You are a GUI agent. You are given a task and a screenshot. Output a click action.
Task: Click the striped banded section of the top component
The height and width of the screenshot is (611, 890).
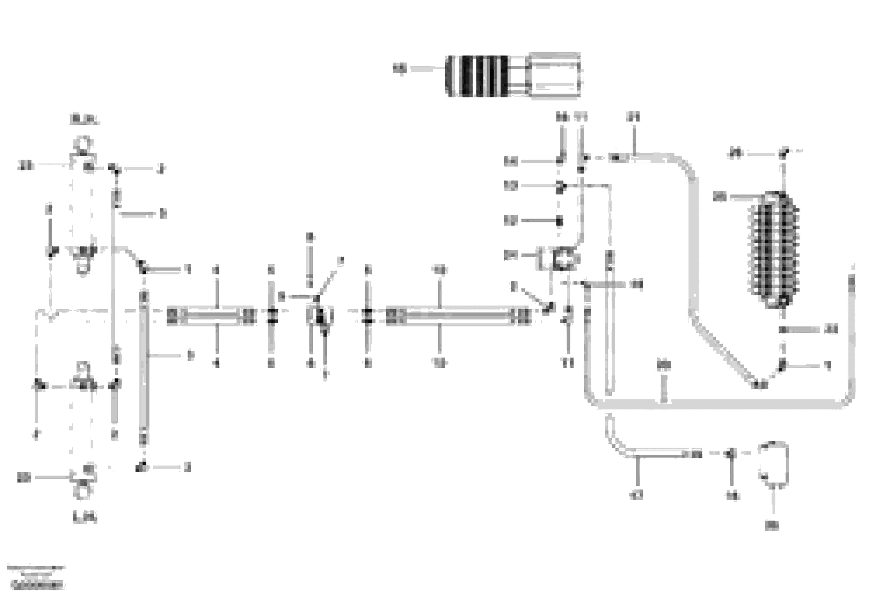click(x=477, y=76)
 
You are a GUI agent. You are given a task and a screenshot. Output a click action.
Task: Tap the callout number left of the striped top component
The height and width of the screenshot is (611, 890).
click(x=399, y=69)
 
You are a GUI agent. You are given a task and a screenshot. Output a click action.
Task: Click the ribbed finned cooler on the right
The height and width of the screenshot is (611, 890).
click(x=774, y=251)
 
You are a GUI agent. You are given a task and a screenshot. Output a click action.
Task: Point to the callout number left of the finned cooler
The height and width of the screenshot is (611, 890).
click(x=720, y=197)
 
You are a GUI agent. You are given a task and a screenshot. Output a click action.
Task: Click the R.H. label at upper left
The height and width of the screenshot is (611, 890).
click(x=85, y=120)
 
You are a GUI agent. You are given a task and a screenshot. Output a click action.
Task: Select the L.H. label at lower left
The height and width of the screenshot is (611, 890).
click(x=85, y=518)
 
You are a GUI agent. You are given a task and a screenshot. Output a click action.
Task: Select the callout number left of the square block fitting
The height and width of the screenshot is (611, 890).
click(x=511, y=255)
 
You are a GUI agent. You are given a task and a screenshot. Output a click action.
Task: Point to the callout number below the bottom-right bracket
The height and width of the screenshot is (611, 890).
click(x=772, y=526)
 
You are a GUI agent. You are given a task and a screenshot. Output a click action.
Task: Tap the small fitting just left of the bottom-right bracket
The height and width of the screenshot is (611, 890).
click(x=730, y=454)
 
